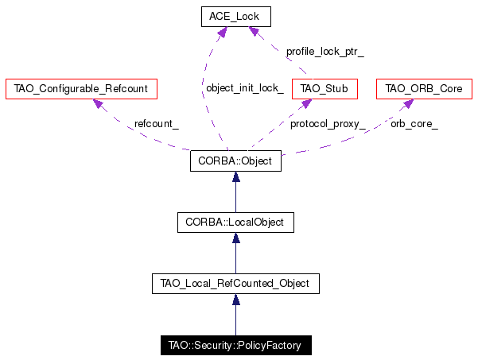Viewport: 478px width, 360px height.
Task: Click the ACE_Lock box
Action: coord(236,17)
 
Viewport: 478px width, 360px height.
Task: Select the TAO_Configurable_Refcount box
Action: coord(81,89)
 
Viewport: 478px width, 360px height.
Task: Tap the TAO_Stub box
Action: coord(324,89)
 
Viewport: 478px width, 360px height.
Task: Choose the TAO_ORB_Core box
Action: coord(424,89)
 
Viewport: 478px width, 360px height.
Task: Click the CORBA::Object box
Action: coord(235,161)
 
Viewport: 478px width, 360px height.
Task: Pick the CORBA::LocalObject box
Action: coord(235,223)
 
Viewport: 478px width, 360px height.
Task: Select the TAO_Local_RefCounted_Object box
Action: coord(235,284)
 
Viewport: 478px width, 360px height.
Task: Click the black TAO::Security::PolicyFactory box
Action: coord(236,346)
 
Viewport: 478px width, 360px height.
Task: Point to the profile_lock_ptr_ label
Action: coord(325,52)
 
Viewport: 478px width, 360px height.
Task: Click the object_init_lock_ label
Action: coord(245,88)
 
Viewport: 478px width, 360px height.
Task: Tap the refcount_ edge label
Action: coord(157,124)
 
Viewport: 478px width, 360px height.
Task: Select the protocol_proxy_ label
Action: coord(328,124)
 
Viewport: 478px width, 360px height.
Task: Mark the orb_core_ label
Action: coord(414,124)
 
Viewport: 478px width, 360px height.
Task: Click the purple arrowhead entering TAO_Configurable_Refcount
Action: coord(98,103)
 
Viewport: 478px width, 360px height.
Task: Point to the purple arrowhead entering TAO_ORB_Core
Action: coord(408,103)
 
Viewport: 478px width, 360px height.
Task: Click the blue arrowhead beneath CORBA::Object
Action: coord(235,176)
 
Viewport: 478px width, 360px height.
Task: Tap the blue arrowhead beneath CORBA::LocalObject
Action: coord(235,238)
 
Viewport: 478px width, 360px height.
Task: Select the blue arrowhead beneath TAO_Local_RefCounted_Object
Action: coord(235,300)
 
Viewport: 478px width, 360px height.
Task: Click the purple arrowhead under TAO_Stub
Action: coord(306,103)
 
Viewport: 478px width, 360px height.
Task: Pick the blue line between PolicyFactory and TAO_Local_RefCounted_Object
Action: coord(235,319)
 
